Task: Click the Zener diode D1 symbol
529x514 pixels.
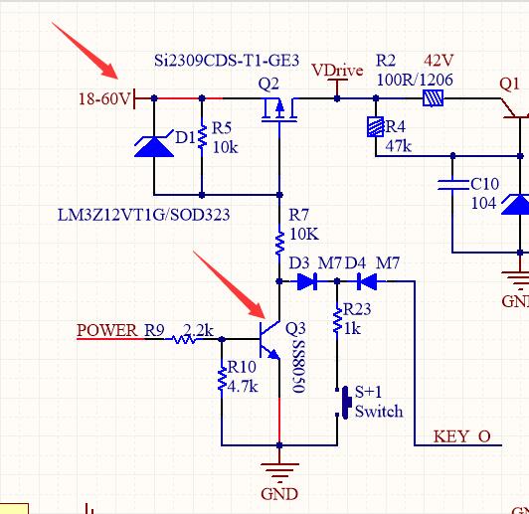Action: [x=154, y=144]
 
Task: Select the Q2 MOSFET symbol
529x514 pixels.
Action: [x=279, y=109]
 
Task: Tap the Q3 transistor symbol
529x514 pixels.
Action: [x=269, y=339]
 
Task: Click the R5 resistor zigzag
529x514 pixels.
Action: [x=202, y=137]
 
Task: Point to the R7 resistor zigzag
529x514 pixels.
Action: [x=279, y=244]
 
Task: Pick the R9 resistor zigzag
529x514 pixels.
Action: [x=184, y=339]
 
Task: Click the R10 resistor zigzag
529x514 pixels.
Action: [x=222, y=380]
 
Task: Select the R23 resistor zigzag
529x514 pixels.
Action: [x=337, y=321]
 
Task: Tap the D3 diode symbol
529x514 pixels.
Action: [x=307, y=281]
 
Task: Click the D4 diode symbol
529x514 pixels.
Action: [x=367, y=281]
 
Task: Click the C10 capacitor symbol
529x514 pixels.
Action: [x=452, y=185]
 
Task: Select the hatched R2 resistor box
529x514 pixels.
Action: [x=434, y=98]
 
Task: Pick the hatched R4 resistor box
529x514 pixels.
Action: [x=376, y=126]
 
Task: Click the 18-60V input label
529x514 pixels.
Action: [x=104, y=98]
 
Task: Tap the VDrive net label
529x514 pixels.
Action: [x=337, y=71]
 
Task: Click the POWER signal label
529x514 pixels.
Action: [x=107, y=330]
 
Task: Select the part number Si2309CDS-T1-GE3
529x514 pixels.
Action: [x=227, y=61]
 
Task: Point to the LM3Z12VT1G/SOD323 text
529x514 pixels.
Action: [x=144, y=215]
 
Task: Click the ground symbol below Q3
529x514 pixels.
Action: [x=279, y=470]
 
